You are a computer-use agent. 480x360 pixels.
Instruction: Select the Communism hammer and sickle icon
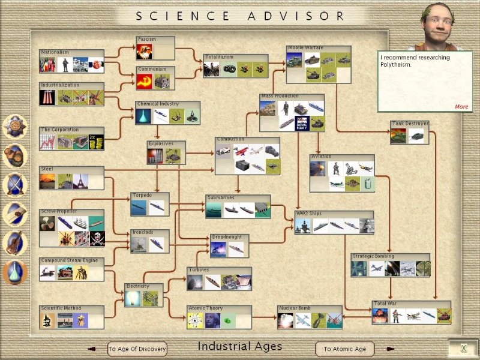coord(144,82)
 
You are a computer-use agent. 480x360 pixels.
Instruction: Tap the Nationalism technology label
coord(55,53)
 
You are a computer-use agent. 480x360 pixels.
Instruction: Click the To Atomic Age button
coord(344,349)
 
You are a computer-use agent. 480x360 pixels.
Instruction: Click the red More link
coord(461,107)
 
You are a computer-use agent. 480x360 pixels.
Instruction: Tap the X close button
coord(463,349)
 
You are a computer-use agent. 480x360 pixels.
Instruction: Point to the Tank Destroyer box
coord(409,133)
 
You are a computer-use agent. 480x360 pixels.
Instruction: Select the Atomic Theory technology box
coord(219,317)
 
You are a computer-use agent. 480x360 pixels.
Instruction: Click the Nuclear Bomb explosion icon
coord(286,321)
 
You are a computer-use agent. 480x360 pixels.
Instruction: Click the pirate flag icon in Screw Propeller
coord(97,239)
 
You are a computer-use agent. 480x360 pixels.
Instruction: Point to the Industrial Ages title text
coord(239,347)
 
